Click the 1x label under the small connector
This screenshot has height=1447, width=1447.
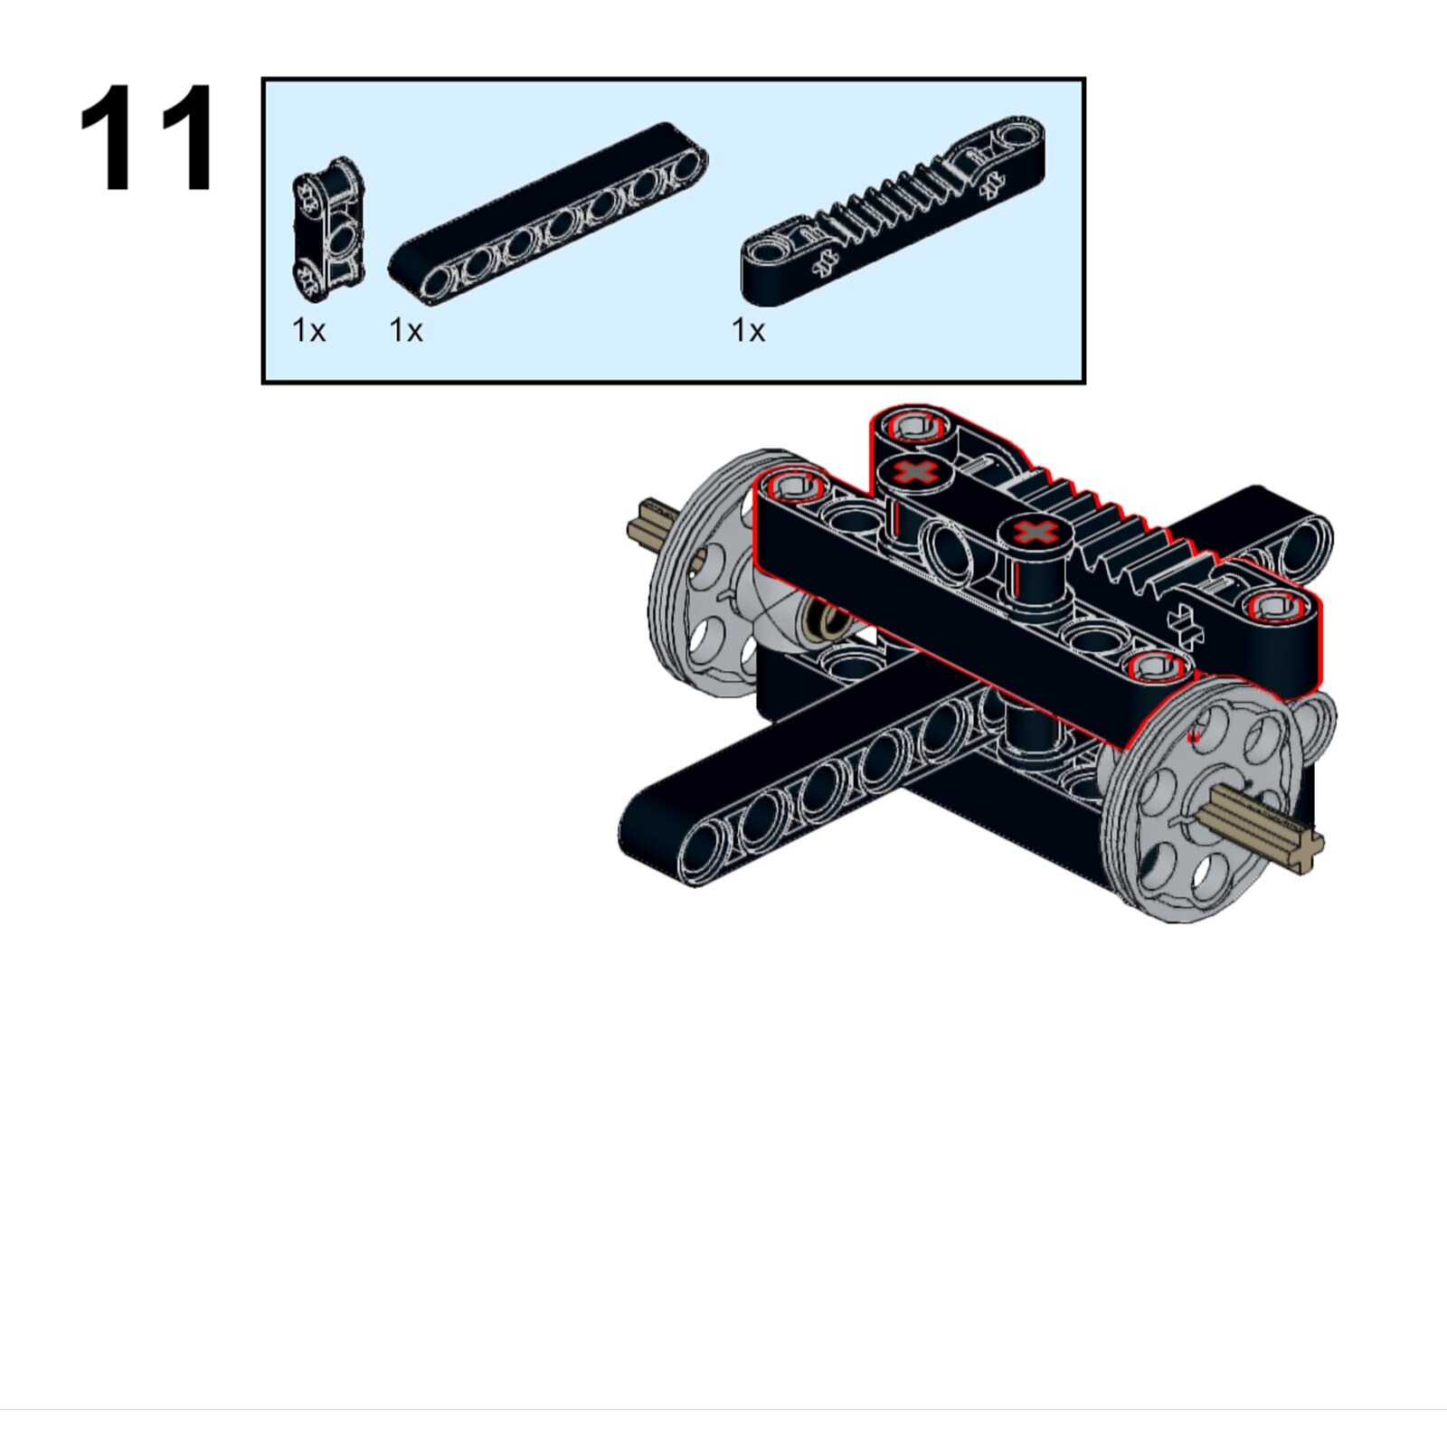(308, 331)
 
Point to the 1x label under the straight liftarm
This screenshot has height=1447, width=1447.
(406, 331)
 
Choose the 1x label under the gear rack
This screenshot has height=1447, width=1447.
(748, 331)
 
